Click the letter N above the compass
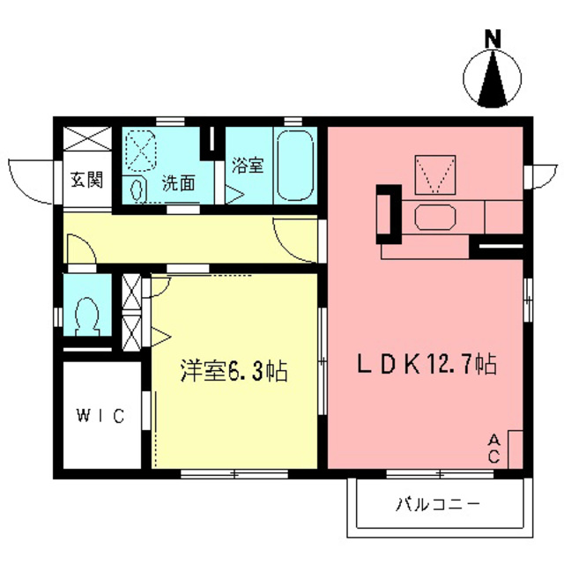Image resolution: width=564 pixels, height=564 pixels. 493,39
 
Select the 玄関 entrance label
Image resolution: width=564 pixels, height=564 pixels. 86,181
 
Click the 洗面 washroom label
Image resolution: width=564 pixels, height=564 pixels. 178,185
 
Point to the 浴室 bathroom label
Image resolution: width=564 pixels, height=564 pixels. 248,165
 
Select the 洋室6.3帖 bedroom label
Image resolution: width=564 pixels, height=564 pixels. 234,371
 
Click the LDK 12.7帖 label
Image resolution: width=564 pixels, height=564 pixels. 427,363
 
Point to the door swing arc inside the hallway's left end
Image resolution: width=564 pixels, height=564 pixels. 78,249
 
